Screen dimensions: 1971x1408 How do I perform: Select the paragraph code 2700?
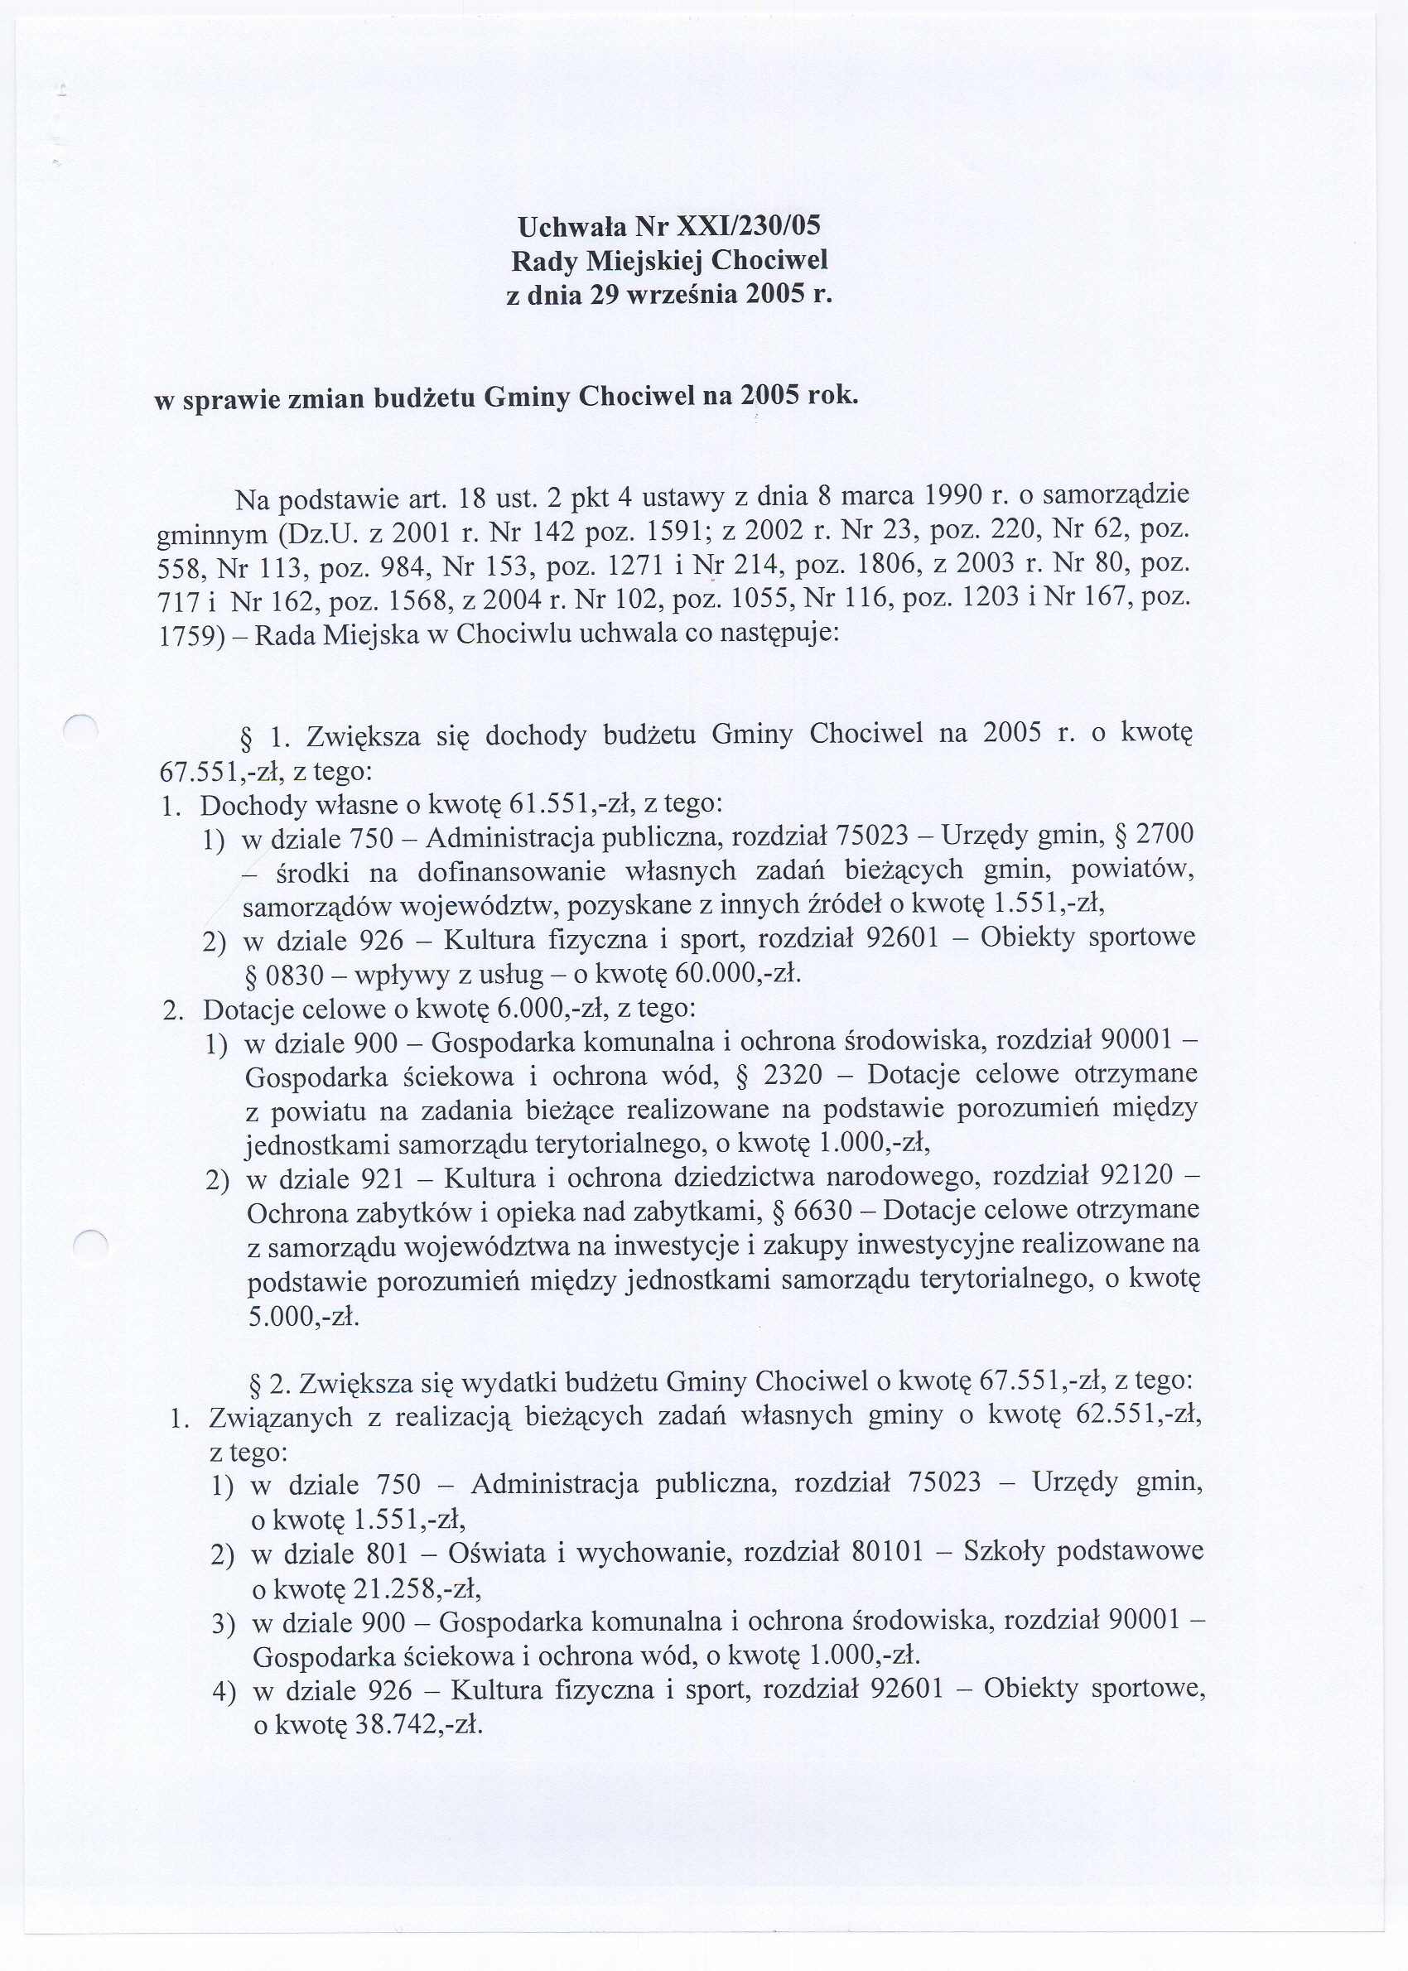click(x=1164, y=835)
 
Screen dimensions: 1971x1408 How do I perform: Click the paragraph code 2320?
click(x=793, y=1076)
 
